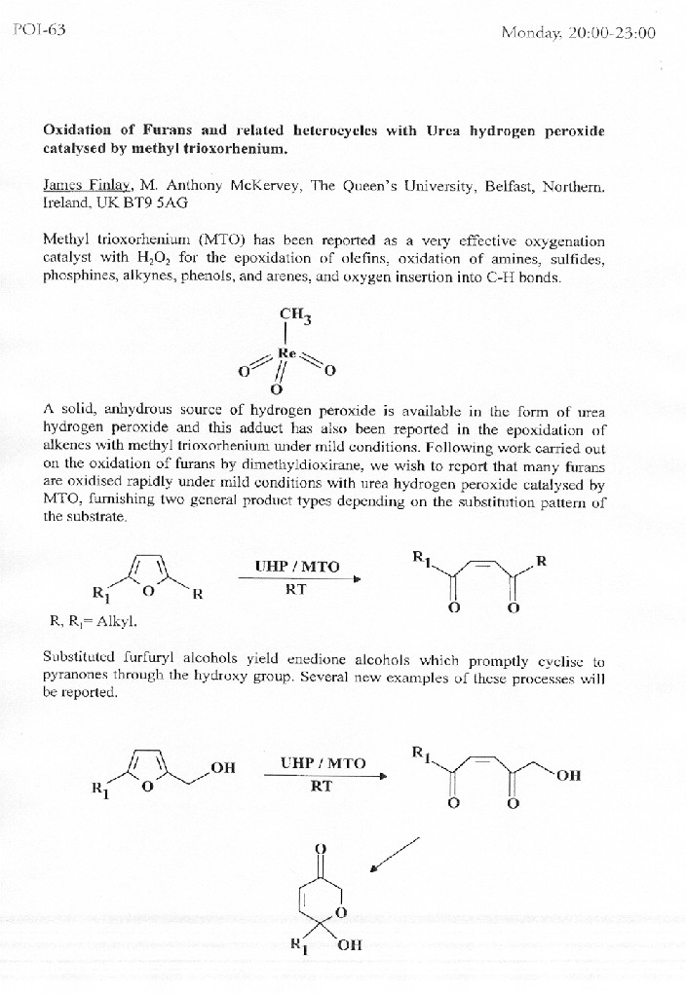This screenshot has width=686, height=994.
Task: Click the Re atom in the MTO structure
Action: (286, 352)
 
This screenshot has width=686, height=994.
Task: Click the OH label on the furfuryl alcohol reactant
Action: (223, 768)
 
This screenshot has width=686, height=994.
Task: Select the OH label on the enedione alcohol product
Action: (570, 775)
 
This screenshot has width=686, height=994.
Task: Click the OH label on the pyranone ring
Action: (349, 944)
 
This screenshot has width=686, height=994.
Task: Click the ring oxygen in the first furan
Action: (147, 589)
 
